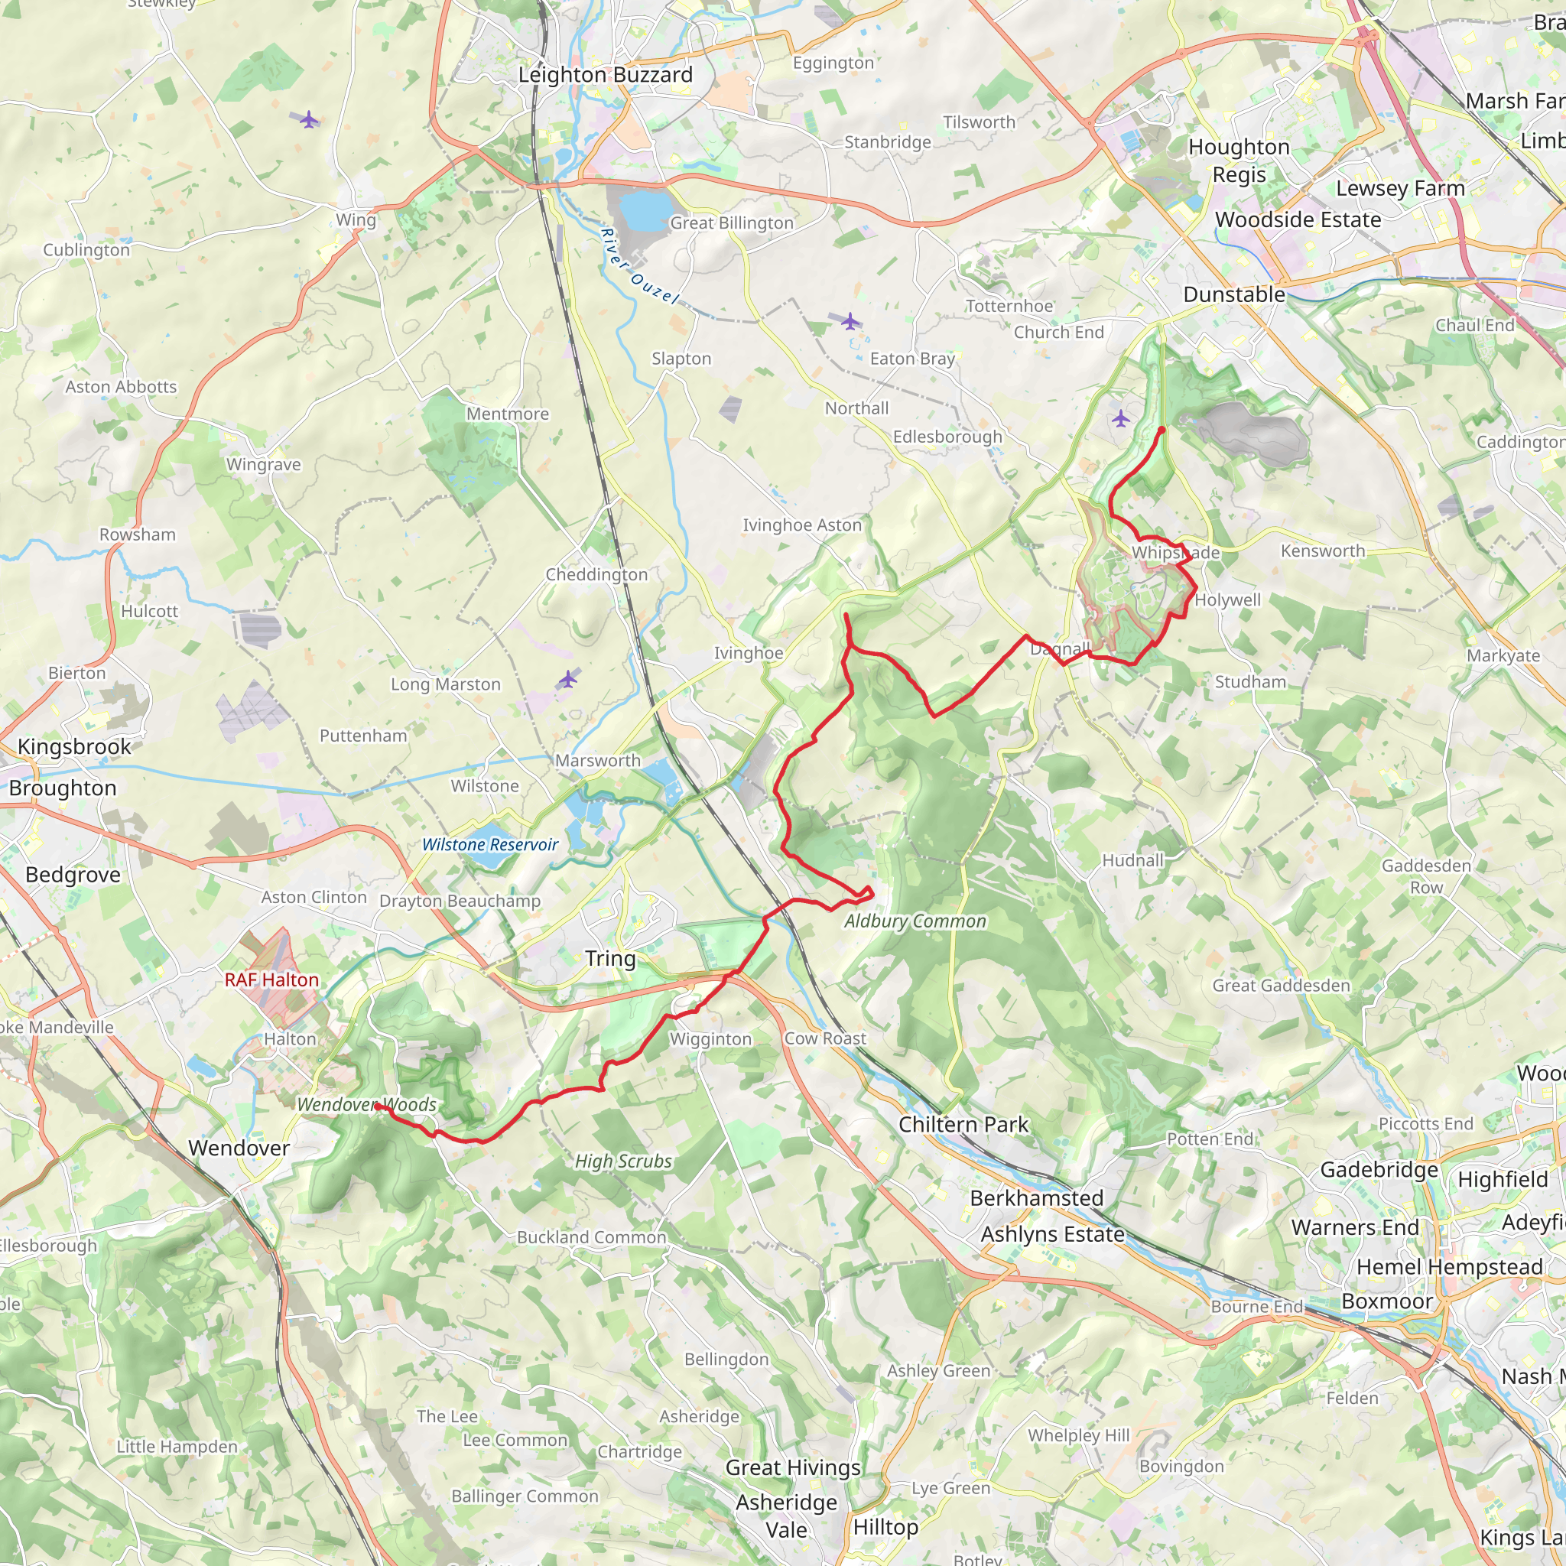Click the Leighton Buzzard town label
pos(606,75)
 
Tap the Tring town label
pos(609,958)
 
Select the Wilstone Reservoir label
pos(489,845)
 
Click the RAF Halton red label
pos(271,980)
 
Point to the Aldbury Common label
pos(915,921)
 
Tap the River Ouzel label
pos(638,266)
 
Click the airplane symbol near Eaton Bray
pos(850,322)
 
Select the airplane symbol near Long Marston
pos(568,678)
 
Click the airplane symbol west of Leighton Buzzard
pos(309,120)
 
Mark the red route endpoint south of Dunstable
pos(1162,430)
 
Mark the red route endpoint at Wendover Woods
pos(377,1106)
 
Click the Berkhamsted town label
pos(1036,1198)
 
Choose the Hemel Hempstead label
pos(1449,1266)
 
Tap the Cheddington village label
pos(596,575)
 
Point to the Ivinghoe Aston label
pos(801,525)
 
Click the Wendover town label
pos(239,1148)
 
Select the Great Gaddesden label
pos(1281,986)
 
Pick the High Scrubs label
pos(622,1162)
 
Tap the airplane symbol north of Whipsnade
pos(1120,418)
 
